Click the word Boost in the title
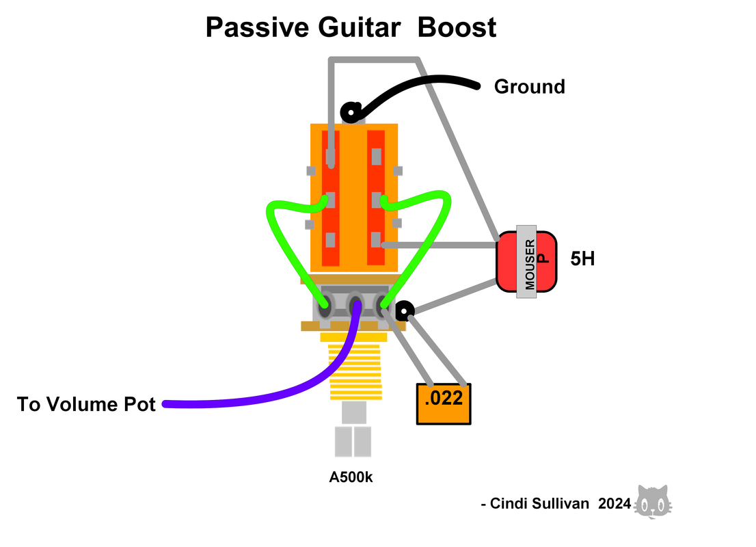(457, 27)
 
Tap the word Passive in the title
(258, 27)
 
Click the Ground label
(529, 87)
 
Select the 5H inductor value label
(582, 259)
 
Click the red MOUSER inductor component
(526, 262)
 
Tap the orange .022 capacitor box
(444, 403)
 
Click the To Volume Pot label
(86, 404)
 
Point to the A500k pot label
(351, 477)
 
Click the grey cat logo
(653, 502)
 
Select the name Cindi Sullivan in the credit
(539, 504)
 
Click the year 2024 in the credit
(615, 504)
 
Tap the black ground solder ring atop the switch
(351, 113)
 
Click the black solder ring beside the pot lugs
(405, 311)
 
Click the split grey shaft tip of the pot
(353, 441)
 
